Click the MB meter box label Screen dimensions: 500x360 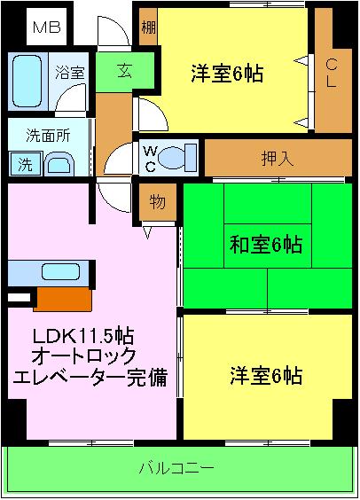pyautogui.click(x=46, y=27)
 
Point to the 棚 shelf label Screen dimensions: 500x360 pyautogui.click(x=148, y=27)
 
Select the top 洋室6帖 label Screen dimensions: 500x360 pyautogui.click(x=227, y=74)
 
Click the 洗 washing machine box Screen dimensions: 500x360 pyautogui.click(x=24, y=163)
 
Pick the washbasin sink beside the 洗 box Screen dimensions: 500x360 pyautogui.click(x=60, y=164)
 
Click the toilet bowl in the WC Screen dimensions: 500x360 pyautogui.click(x=179, y=156)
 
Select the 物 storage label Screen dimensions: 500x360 pyautogui.click(x=156, y=202)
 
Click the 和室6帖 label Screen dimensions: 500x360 pyautogui.click(x=266, y=245)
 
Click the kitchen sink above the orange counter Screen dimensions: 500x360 pyautogui.click(x=60, y=271)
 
